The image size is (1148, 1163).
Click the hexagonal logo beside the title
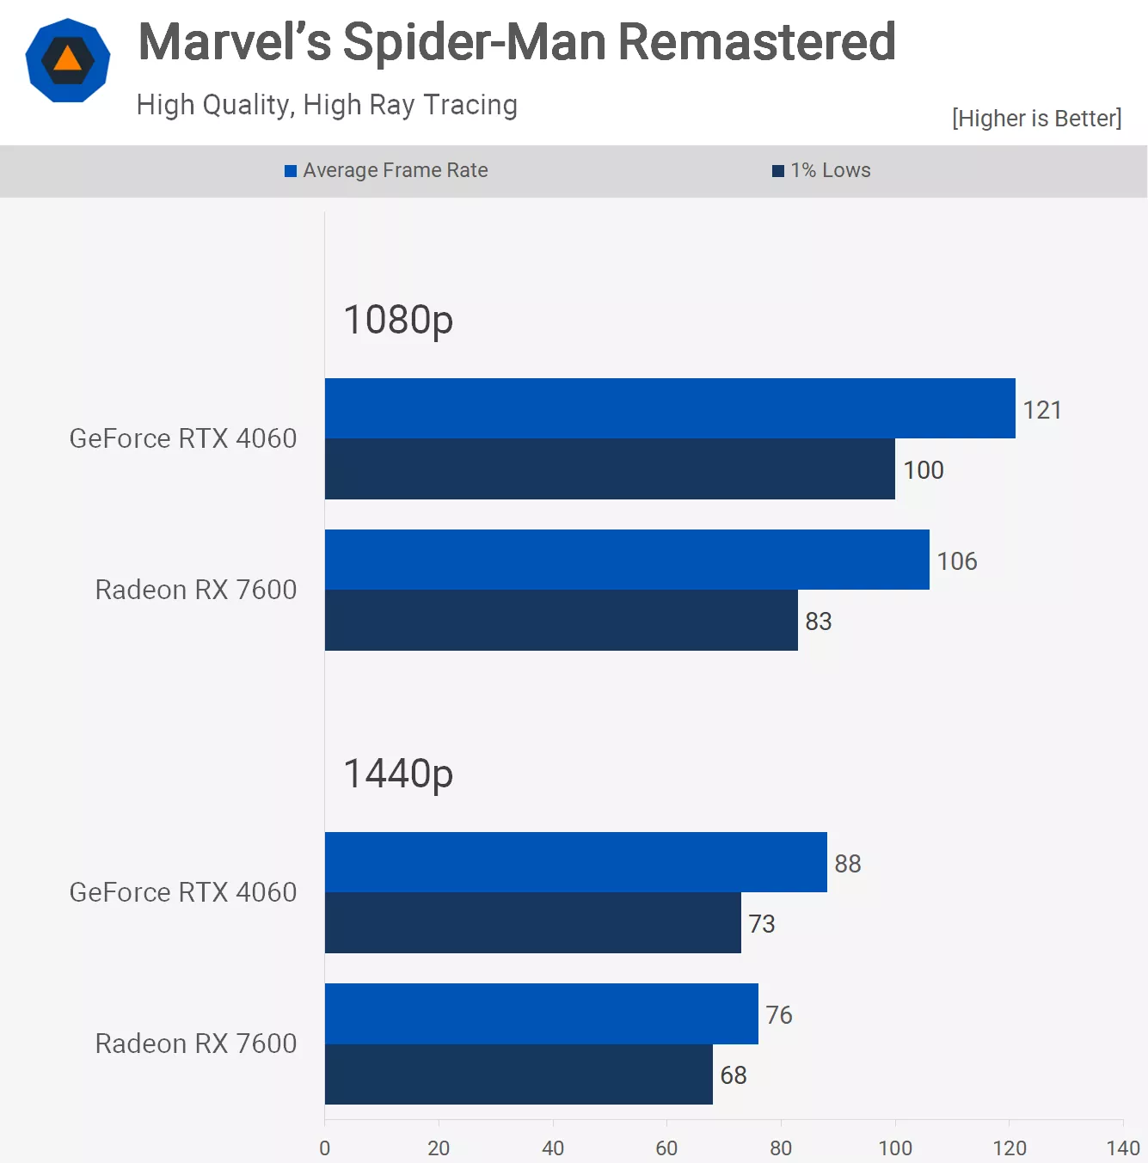tap(68, 60)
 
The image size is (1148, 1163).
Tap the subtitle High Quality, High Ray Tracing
tap(327, 105)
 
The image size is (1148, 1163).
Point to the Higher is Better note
tap(1036, 118)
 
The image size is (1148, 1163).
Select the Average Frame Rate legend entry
tap(387, 170)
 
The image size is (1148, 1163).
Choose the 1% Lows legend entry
tap(822, 170)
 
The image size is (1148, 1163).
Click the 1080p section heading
tap(398, 320)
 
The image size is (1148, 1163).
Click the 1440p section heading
tap(398, 774)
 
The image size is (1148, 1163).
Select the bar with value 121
tap(670, 408)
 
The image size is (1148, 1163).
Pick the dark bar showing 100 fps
tap(610, 469)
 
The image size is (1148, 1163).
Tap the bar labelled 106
tap(627, 560)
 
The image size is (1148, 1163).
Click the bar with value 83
tap(561, 621)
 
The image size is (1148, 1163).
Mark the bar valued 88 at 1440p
tap(575, 862)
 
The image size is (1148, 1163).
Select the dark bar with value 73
tap(532, 923)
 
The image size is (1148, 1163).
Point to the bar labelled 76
tap(541, 1013)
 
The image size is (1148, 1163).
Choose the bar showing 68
tap(519, 1074)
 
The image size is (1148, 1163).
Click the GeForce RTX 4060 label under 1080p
tap(183, 438)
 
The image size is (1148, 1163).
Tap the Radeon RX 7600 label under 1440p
tap(196, 1044)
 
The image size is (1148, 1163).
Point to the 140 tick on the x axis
tap(1122, 1148)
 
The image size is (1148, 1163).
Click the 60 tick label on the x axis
tap(666, 1148)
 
